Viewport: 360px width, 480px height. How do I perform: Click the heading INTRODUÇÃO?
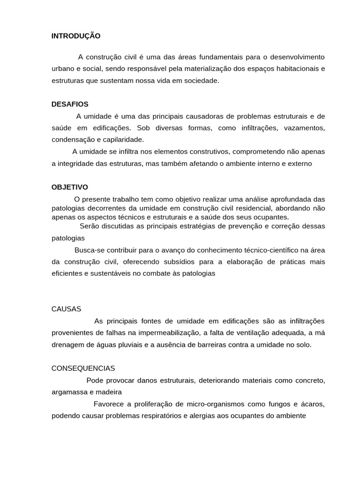76,36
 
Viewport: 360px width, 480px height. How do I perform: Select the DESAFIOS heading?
70,104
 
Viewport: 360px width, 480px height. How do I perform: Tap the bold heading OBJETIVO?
69,187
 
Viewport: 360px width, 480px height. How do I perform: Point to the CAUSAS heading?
66,309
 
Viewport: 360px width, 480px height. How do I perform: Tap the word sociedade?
202,81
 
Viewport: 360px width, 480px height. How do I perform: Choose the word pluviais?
131,345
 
